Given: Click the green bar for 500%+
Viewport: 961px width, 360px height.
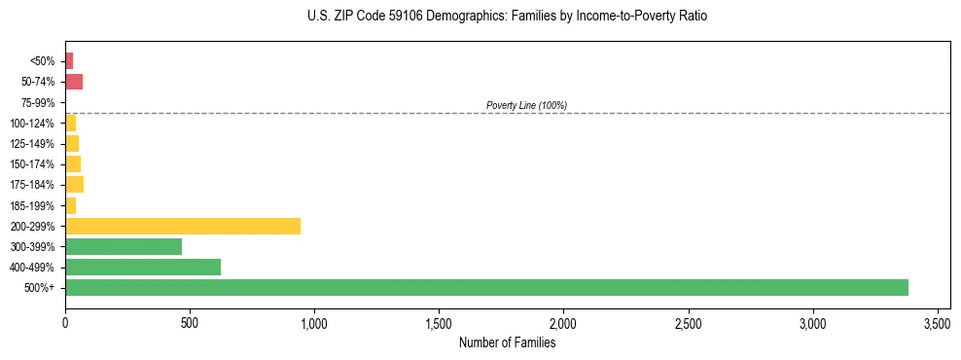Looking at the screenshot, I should [x=486, y=287].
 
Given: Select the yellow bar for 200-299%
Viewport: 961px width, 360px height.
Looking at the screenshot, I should [x=183, y=226].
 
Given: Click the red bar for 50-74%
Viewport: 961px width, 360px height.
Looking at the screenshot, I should [x=74, y=82].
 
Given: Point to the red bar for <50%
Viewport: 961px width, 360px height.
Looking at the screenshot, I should [x=69, y=61].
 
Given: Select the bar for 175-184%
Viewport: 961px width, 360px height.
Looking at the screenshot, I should [x=74, y=184].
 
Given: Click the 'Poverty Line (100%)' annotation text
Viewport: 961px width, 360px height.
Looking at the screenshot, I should [x=526, y=105].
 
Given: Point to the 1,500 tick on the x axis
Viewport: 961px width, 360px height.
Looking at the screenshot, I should [x=439, y=323].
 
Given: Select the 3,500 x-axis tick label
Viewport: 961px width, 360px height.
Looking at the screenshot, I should [x=938, y=323].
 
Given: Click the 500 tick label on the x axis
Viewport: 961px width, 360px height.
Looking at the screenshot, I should [x=190, y=323].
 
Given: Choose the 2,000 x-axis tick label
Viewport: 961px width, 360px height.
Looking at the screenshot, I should [x=563, y=323].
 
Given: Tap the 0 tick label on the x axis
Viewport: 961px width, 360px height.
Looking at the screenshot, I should [x=65, y=323].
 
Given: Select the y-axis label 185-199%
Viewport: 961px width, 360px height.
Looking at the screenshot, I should [x=36, y=205].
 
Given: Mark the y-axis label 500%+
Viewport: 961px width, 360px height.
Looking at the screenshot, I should [x=42, y=288].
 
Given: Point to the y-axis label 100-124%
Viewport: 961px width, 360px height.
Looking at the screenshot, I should [x=36, y=123].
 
